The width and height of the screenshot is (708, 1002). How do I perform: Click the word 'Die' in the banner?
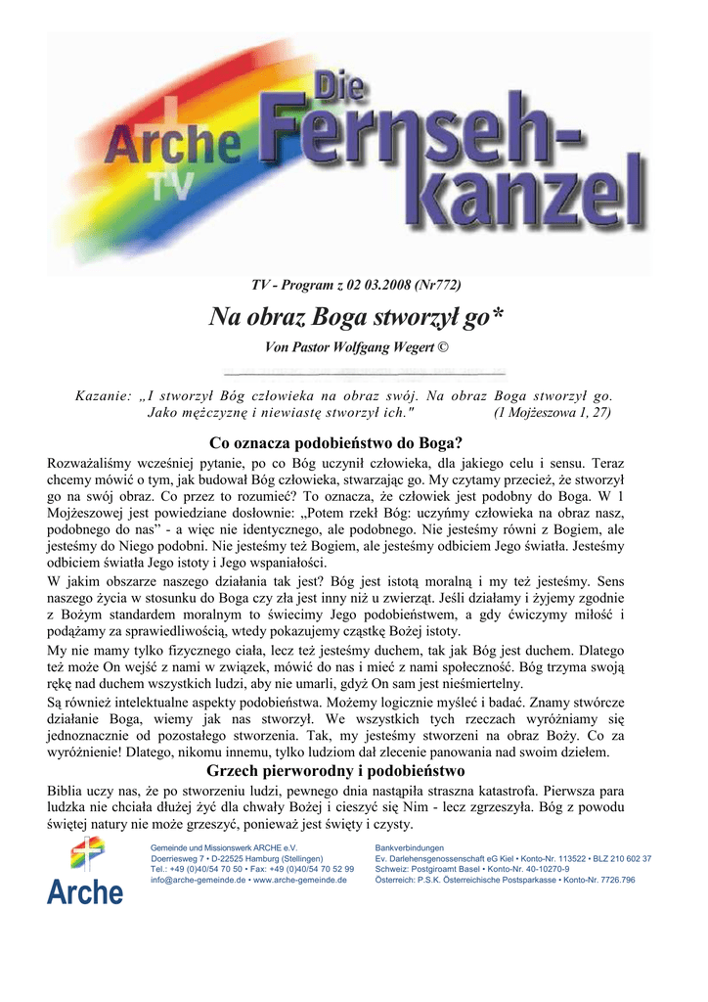point(341,96)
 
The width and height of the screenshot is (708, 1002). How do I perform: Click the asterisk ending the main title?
point(498,316)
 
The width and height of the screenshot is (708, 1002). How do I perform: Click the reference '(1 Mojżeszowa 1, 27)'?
point(553,412)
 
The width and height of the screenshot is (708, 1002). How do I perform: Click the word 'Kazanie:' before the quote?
point(103,395)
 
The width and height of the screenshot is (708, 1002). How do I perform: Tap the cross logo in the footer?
point(85,855)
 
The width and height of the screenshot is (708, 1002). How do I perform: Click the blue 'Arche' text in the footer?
point(85,891)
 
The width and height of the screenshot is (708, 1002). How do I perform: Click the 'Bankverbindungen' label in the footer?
point(410,847)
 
